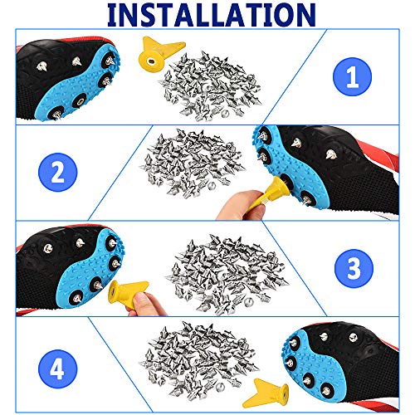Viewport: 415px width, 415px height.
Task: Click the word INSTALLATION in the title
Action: pyautogui.click(x=212, y=15)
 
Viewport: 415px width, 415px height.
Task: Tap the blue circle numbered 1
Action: pyautogui.click(x=352, y=76)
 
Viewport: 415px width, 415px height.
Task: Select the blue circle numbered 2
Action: pyautogui.click(x=58, y=172)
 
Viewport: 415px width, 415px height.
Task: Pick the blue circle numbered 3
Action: pyautogui.click(x=354, y=268)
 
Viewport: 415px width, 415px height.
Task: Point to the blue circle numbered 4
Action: pyautogui.click(x=58, y=369)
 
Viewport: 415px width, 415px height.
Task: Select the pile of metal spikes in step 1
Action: pyautogui.click(x=210, y=86)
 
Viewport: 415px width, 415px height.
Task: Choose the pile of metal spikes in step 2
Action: pyautogui.click(x=193, y=164)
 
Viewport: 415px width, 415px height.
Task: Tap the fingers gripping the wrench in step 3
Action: pyautogui.click(x=146, y=305)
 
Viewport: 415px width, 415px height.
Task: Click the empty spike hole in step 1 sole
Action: pyautogui.click(x=80, y=100)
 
